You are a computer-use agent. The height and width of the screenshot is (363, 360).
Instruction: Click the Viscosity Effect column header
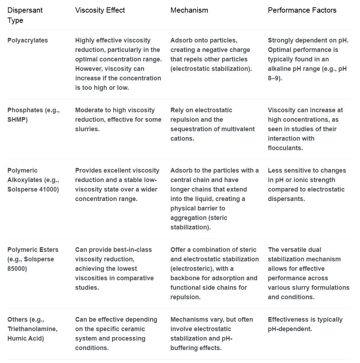point(100,10)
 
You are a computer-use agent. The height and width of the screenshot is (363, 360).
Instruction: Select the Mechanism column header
point(189,10)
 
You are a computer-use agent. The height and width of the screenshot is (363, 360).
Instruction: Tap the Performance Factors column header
point(302,10)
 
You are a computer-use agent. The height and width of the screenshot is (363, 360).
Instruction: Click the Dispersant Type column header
point(25,15)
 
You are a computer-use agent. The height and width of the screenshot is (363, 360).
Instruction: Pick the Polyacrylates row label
point(28,40)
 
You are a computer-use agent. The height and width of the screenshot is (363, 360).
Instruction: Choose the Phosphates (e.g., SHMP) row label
point(33,115)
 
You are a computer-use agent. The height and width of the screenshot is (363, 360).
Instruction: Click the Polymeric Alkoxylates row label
point(33,180)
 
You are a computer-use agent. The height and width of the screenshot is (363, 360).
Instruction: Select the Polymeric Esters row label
point(33,259)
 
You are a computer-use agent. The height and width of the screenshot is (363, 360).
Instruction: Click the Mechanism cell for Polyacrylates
point(211,54)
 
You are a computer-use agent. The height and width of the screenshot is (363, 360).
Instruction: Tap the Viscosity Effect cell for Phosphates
point(118,120)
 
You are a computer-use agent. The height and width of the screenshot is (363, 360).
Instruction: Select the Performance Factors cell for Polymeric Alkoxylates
point(307,184)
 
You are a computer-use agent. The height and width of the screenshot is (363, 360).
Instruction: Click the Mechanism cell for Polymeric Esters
point(214,273)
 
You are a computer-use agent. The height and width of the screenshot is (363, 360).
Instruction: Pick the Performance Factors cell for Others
point(305,324)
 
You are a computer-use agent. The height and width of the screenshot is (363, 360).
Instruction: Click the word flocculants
point(285,148)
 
